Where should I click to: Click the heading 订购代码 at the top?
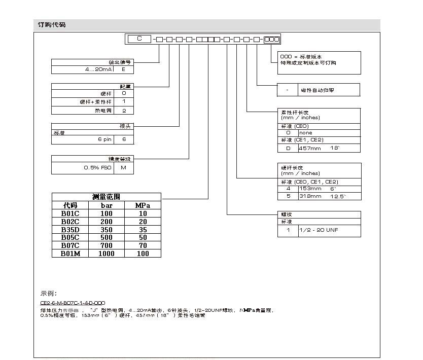[52, 25]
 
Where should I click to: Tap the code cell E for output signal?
[124, 69]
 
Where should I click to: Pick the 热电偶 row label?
[103, 110]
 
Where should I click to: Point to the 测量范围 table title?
[106, 197]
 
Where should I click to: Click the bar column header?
[107, 205]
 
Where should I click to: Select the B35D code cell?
[70, 229]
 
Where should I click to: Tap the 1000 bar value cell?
[107, 254]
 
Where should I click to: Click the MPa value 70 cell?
[143, 245]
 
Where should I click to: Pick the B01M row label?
[70, 254]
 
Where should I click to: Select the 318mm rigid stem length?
[310, 196]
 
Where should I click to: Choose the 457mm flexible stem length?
[310, 148]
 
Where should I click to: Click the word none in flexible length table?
[306, 133]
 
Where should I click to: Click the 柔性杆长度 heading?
[295, 112]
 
